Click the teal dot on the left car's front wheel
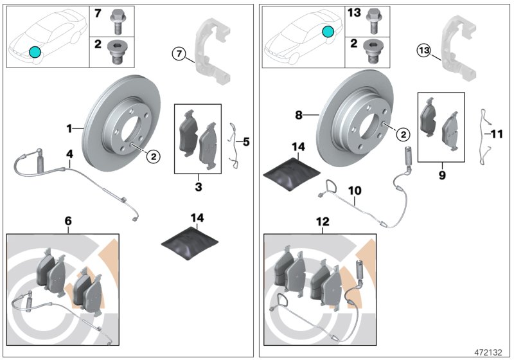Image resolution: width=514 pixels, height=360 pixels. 35,52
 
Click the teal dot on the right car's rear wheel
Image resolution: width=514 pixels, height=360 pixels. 328,32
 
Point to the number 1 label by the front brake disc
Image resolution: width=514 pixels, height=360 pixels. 69,129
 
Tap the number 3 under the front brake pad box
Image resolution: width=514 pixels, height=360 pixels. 198,186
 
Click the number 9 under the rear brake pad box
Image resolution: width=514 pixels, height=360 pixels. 442,174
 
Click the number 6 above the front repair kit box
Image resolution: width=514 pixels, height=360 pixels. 69,221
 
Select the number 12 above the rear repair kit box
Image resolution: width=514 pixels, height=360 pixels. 322,221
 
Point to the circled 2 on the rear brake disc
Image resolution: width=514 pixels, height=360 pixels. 402,134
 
